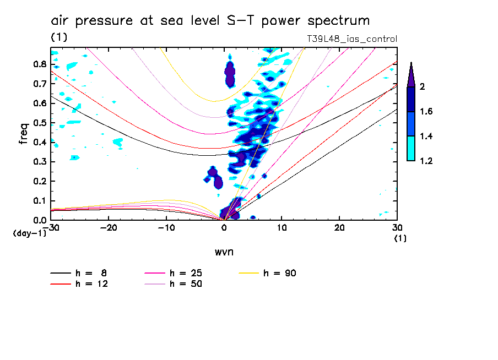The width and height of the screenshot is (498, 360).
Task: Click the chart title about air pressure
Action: tap(210, 21)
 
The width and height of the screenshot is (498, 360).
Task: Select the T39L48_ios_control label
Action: tap(351, 39)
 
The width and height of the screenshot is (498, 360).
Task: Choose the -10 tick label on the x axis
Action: tap(166, 227)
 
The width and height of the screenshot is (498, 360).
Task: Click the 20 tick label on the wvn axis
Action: tap(339, 227)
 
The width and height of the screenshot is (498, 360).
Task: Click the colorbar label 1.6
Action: tap(427, 112)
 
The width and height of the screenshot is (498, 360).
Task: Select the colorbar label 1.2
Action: tap(427, 161)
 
